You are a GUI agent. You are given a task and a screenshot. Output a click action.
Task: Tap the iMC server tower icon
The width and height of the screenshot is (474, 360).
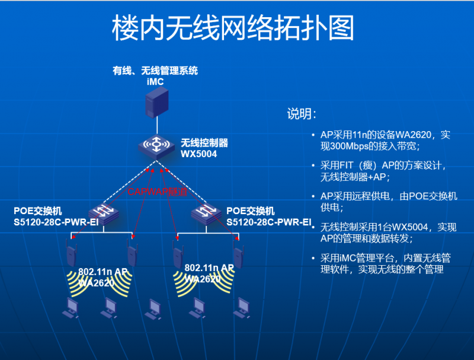pyautogui.click(x=157, y=103)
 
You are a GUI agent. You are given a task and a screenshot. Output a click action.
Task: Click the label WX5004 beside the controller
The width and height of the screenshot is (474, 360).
pyautogui.click(x=198, y=154)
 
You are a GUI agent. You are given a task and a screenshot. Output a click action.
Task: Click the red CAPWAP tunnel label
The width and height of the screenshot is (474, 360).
pyautogui.click(x=157, y=192)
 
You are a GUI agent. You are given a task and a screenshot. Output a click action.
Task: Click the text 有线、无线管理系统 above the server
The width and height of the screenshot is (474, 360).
pyautogui.click(x=155, y=71)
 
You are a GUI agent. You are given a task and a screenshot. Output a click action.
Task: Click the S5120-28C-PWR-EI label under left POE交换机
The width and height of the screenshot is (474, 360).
pyautogui.click(x=56, y=222)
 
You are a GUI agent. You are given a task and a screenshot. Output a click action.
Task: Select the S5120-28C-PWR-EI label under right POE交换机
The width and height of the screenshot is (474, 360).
pyautogui.click(x=269, y=222)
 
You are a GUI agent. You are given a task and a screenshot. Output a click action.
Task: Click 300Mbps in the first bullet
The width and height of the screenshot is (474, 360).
pyautogui.click(x=350, y=146)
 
